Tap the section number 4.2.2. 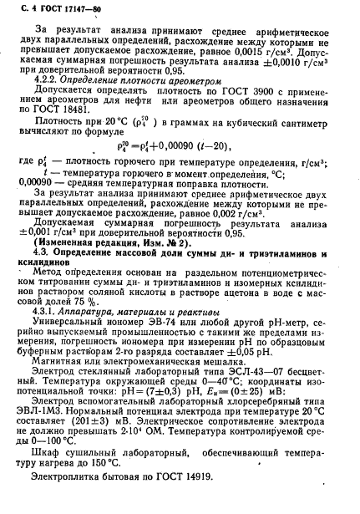(x=44, y=89)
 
